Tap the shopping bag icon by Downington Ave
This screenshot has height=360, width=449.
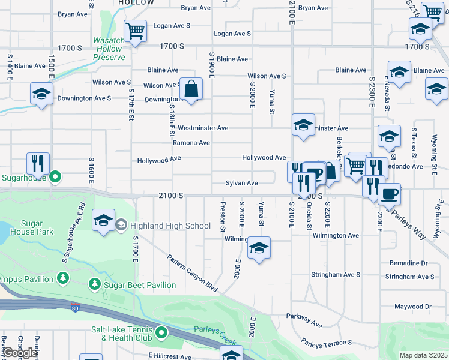pyautogui.click(x=191, y=89)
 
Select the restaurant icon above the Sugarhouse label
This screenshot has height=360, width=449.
pyautogui.click(x=37, y=163)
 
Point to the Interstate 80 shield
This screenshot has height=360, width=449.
pyautogui.click(x=74, y=308)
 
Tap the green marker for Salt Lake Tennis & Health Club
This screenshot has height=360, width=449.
pyautogui.click(x=161, y=332)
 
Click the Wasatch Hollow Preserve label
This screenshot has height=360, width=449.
pyautogui.click(x=109, y=49)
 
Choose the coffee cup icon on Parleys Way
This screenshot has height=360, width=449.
pyautogui.click(x=390, y=194)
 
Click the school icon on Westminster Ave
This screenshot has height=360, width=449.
pyautogui.click(x=303, y=125)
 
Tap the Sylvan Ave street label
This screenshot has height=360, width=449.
pyautogui.click(x=241, y=183)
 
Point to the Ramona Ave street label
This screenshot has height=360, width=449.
pyautogui.click(x=191, y=143)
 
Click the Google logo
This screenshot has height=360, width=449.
pyautogui.click(x=20, y=353)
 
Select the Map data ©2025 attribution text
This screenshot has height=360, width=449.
pyautogui.click(x=423, y=355)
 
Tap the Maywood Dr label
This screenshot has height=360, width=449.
pyautogui.click(x=412, y=307)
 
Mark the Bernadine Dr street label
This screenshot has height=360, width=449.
pyautogui.click(x=408, y=263)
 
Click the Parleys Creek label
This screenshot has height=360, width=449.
pyautogui.click(x=215, y=330)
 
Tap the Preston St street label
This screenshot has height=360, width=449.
pyautogui.click(x=223, y=217)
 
